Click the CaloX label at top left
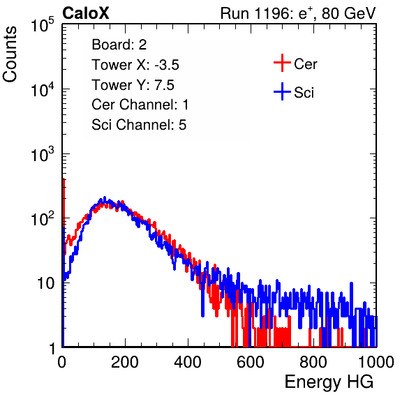pos(86,13)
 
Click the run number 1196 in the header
pos(272,13)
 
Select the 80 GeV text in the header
pos(349,13)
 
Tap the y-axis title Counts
pos(10,54)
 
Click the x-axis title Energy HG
pos(329,382)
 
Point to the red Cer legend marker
pos(282,63)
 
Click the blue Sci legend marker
pos(282,91)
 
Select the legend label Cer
pos(305,64)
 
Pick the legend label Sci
pos(304,93)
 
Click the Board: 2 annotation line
pos(119,45)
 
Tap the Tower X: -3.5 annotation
pos(135,65)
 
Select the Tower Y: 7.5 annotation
pos(133,85)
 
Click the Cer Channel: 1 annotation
pos(140,105)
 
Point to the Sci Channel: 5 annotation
pos(139,125)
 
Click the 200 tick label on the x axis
pos(125,362)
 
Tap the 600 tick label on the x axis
pos(251,362)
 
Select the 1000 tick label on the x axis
pos(376,362)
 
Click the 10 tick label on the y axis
pos(45,283)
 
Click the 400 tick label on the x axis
pos(188,362)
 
